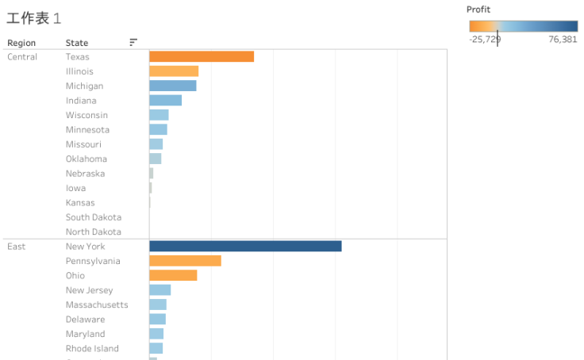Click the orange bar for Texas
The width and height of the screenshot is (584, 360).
tap(202, 56)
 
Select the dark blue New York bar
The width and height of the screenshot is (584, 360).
tap(245, 246)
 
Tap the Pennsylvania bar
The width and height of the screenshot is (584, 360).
tap(185, 261)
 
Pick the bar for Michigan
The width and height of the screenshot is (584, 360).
tap(173, 86)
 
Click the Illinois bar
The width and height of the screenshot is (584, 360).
tap(174, 71)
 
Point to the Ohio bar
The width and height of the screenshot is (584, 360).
tap(173, 275)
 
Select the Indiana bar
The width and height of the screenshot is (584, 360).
tap(166, 100)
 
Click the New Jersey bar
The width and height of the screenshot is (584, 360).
tap(160, 290)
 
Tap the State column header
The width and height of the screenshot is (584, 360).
tap(77, 43)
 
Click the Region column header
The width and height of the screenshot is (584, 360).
tap(21, 43)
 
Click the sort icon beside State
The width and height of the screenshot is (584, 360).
tap(133, 43)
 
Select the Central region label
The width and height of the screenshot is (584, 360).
tap(22, 57)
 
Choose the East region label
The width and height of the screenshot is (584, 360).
tap(17, 247)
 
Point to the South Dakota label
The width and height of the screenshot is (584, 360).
tap(94, 217)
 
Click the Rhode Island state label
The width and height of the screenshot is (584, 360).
tap(92, 348)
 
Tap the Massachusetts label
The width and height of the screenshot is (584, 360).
tap(97, 304)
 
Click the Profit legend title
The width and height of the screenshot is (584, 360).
tap(478, 10)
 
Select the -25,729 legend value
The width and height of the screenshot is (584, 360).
tap(485, 39)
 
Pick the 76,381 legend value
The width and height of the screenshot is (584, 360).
tap(563, 39)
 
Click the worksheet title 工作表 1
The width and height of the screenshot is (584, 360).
tap(34, 18)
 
